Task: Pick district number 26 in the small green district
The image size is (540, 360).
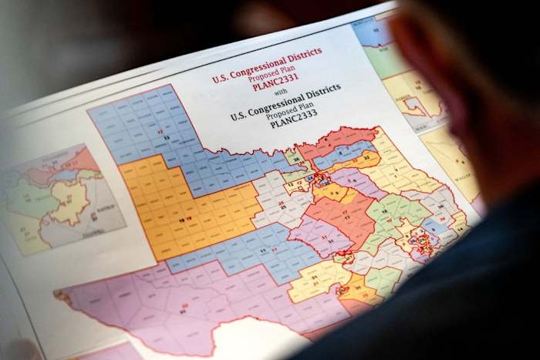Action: (295, 159)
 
